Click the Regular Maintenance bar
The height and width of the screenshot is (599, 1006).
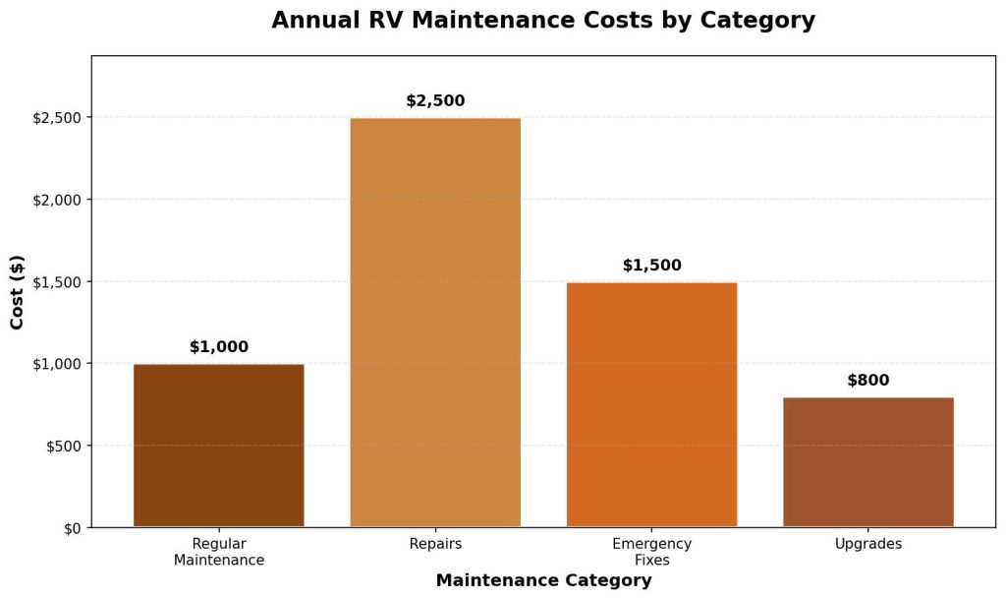(219, 446)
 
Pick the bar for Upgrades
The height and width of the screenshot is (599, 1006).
(867, 462)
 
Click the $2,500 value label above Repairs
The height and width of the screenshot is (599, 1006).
(435, 101)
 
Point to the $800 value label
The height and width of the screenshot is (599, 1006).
(867, 381)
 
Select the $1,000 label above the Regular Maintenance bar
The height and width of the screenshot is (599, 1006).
(219, 347)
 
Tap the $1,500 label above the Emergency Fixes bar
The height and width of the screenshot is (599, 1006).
(651, 266)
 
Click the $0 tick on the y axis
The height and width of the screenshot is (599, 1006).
(72, 528)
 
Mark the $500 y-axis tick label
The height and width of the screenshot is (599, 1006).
(65, 446)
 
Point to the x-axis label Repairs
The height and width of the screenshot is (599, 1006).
(435, 544)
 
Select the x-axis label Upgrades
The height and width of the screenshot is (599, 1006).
(867, 544)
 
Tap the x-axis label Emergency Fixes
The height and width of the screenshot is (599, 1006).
(651, 552)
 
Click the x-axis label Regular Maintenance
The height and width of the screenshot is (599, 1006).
(219, 552)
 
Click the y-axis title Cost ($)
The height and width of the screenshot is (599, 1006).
(18, 292)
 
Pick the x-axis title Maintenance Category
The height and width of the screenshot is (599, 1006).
(543, 580)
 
